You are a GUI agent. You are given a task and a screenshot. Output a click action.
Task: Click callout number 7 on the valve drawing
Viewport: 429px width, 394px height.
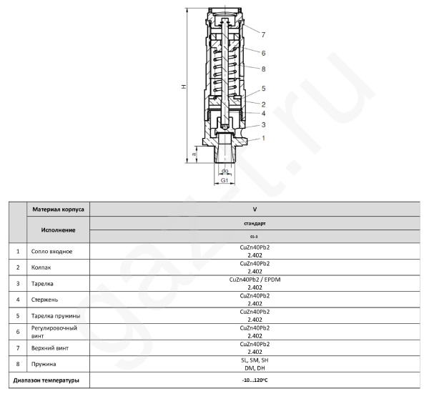[x=263, y=34]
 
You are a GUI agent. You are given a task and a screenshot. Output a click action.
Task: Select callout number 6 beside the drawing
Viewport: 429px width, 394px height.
[x=263, y=53]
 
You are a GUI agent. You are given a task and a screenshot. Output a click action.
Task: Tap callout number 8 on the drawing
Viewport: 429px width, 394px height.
[x=263, y=69]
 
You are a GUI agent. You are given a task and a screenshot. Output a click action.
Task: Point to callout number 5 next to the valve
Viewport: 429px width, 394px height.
[x=263, y=89]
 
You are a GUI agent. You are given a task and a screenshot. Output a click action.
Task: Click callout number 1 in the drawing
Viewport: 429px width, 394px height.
[x=263, y=137]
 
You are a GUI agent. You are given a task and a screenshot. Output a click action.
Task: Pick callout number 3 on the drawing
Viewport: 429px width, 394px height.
[x=263, y=124]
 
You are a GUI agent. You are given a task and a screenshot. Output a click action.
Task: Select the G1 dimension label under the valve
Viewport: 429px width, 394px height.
[x=224, y=181]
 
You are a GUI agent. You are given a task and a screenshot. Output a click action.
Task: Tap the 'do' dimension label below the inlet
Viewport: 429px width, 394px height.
[x=225, y=171]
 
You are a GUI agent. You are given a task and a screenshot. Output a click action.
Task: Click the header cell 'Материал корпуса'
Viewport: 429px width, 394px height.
[x=58, y=210]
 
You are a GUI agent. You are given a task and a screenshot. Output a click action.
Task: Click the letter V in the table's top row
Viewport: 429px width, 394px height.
[x=255, y=210]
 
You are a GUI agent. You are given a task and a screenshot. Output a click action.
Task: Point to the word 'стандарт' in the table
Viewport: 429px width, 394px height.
[x=255, y=224]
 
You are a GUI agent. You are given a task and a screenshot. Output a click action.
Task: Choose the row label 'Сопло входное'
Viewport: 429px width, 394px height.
[x=51, y=252]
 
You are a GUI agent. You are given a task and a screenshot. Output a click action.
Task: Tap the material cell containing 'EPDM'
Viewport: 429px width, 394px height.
[x=255, y=280]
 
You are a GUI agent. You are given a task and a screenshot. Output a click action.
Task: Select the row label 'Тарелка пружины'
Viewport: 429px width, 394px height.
[x=56, y=315]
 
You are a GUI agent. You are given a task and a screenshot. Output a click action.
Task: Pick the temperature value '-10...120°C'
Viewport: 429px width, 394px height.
[x=255, y=379]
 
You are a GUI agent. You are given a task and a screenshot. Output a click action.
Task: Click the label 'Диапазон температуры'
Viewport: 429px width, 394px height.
[x=46, y=379]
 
